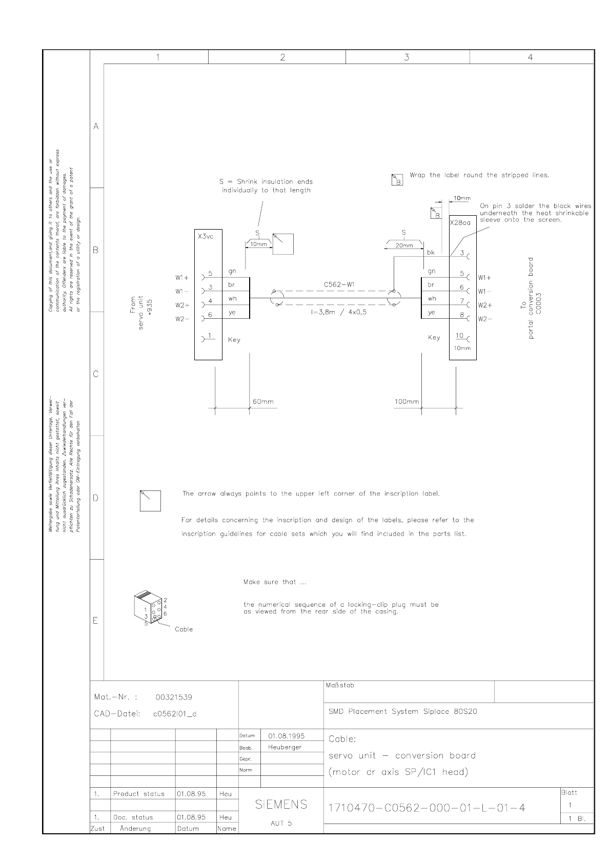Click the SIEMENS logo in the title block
coord(281,805)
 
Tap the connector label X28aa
coord(460,223)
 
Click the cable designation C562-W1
coord(339,284)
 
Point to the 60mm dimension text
coord(263,401)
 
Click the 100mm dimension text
coord(406,401)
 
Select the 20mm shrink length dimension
coord(404,245)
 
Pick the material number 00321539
coord(174,697)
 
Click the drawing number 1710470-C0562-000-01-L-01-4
coord(427,808)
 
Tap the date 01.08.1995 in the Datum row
coord(286,736)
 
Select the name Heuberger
coord(285,747)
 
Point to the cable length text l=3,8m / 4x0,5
coord(338,312)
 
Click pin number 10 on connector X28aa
coord(460,336)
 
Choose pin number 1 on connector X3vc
coord(210,336)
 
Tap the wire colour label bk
coord(431,253)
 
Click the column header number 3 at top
coord(407,57)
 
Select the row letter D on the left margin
coord(96,498)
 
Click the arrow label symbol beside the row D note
coord(150,501)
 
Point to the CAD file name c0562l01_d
coord(175,714)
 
